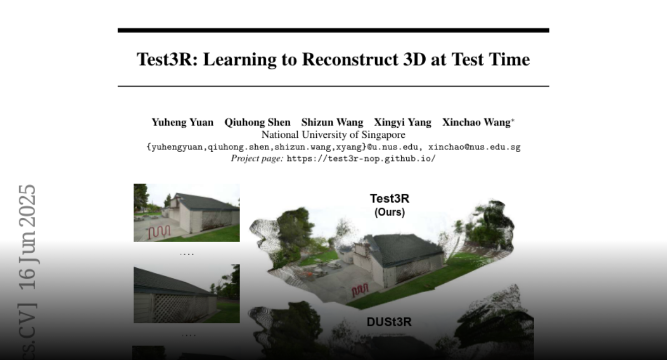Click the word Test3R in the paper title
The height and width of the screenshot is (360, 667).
coord(167,59)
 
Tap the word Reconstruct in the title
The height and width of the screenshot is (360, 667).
coord(350,59)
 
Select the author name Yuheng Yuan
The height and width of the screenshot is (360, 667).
coord(182,122)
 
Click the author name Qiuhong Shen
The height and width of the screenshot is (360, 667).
coord(257,122)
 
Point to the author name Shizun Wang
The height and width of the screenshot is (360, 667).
coord(332,122)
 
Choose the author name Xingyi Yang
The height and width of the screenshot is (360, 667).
coord(402,122)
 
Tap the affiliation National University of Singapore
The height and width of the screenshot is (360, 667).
coord(333,135)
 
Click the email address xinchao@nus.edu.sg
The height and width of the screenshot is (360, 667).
coord(474,147)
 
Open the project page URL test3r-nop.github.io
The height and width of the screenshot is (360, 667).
coord(361,158)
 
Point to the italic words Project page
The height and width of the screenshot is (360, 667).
coord(257,158)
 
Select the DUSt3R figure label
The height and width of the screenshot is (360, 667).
coord(389,322)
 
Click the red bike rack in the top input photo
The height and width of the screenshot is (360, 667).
coord(160,232)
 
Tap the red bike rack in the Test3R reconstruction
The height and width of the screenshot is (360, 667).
coord(360,290)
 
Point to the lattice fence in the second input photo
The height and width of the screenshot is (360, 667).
coord(182,308)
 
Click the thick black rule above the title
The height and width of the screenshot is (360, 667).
coord(333,31)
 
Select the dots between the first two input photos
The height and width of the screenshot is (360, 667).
coord(187,254)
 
